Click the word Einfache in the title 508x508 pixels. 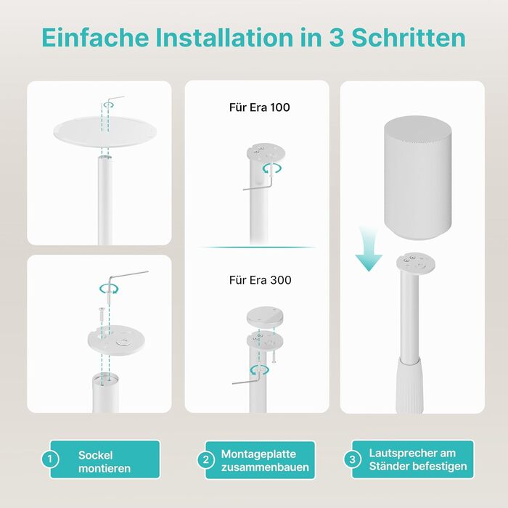point(95,38)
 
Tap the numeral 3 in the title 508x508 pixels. point(337,38)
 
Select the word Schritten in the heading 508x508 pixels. point(409,38)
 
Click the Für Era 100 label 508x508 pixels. point(260,107)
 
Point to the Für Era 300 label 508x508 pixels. point(260,280)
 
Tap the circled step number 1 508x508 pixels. point(50,459)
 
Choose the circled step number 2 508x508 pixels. point(205,459)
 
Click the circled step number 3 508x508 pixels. point(352,459)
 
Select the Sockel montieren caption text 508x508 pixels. point(105,462)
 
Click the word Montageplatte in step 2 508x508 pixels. point(258,454)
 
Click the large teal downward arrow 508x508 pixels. point(369,249)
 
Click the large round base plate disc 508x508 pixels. point(105,131)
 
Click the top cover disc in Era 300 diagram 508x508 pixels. point(265,316)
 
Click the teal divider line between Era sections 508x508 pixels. point(257,247)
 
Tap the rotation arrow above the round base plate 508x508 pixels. point(109,105)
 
